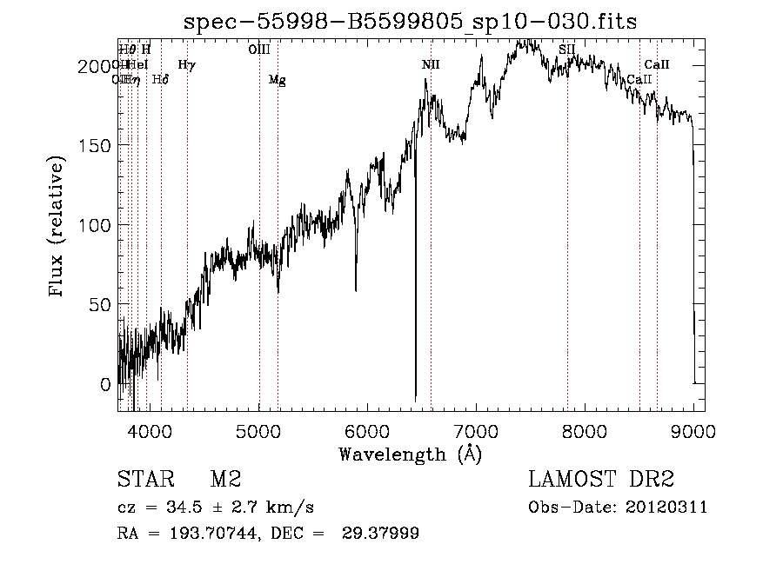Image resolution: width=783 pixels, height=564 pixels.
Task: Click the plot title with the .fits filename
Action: [410, 23]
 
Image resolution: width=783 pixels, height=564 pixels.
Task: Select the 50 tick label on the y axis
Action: [102, 305]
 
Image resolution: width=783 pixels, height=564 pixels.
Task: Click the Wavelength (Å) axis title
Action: [410, 454]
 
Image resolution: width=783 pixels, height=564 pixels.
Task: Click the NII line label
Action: [432, 65]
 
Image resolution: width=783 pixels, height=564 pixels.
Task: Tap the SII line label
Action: [567, 50]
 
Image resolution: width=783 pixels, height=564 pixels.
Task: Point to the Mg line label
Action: [277, 80]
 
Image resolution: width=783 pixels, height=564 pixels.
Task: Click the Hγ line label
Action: [186, 64]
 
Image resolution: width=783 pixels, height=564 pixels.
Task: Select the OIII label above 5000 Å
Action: [258, 50]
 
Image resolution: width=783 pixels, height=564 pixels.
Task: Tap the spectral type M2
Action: [225, 480]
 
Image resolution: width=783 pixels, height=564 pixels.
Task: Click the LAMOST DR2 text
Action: [601, 480]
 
